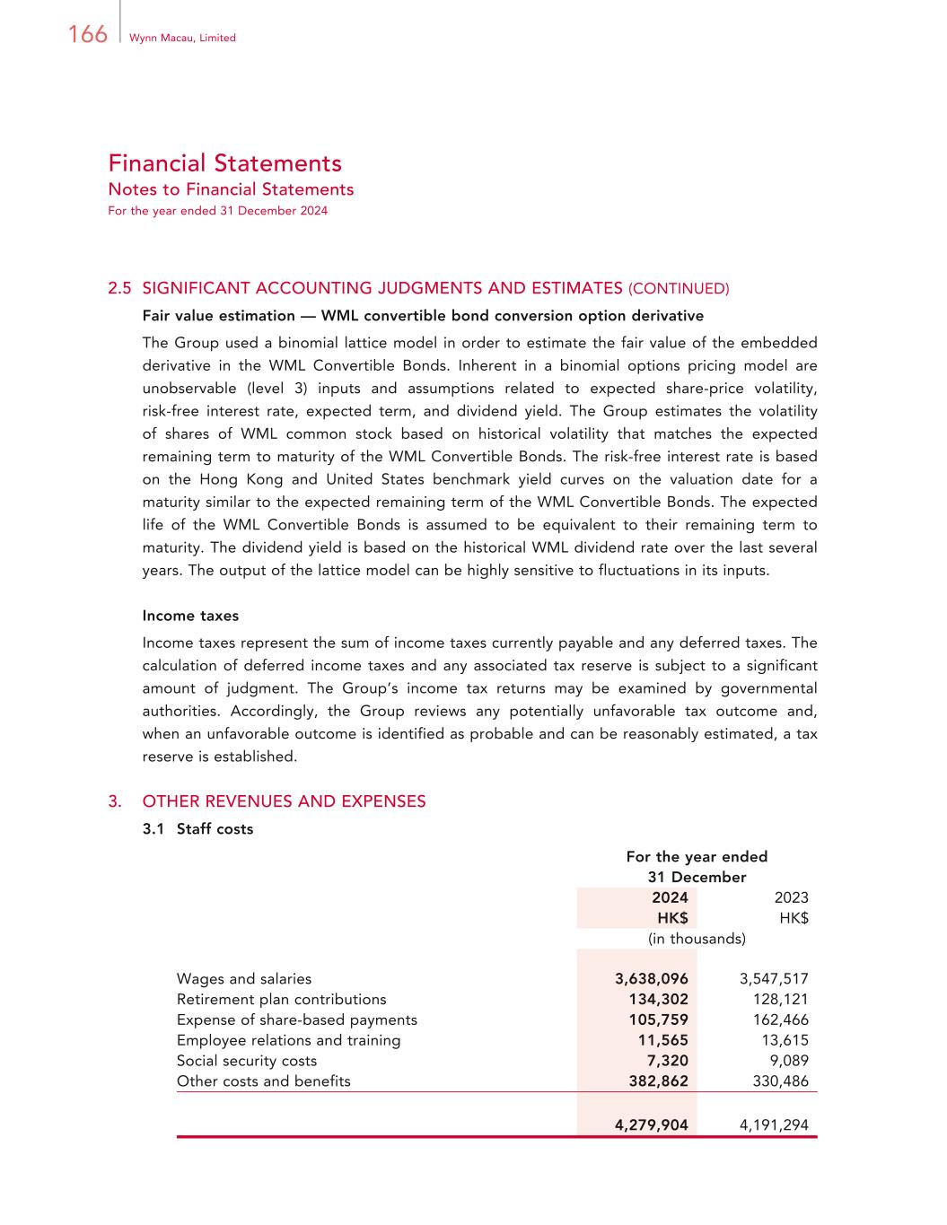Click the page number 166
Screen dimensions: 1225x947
(x=87, y=34)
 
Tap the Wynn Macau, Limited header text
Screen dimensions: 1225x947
(x=182, y=38)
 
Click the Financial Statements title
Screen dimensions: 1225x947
(x=224, y=163)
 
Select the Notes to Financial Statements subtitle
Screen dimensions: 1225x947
(x=231, y=189)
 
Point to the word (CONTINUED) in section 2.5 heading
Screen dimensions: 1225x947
(x=679, y=289)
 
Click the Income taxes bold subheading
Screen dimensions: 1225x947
(x=190, y=616)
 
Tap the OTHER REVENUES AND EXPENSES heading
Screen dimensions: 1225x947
(x=284, y=801)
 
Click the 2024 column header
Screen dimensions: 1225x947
(x=670, y=897)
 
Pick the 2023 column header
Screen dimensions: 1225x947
(x=791, y=897)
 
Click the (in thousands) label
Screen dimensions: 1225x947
(x=697, y=939)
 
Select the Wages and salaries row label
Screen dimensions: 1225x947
(x=244, y=979)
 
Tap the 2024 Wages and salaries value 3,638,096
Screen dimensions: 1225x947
(x=652, y=979)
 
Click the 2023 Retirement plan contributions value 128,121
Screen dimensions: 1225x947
(x=780, y=1000)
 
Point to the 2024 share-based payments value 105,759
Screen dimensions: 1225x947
(x=658, y=1019)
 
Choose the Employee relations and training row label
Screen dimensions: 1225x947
(x=288, y=1040)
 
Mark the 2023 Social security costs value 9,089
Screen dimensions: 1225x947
(x=789, y=1061)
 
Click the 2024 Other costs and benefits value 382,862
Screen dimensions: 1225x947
(x=658, y=1081)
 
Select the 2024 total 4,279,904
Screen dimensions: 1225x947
(x=652, y=1124)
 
